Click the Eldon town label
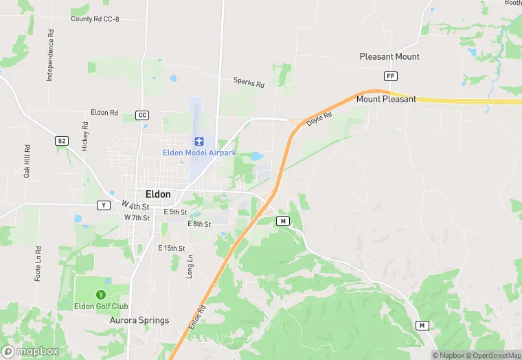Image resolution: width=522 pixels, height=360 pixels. tap(158, 194)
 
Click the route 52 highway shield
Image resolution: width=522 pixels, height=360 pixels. tap(63, 140)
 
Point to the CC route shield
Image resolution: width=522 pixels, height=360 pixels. tap(142, 115)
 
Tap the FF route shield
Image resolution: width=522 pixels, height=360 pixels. tap(391, 76)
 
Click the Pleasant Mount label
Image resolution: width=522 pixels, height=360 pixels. tap(389, 56)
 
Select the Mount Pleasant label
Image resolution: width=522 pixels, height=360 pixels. tap(386, 99)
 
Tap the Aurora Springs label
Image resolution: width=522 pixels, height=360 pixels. tap(139, 320)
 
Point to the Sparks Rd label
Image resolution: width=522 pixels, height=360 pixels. tap(249, 82)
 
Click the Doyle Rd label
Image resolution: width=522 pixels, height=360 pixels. tap(319, 118)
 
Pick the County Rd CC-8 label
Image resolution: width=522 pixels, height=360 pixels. tap(95, 19)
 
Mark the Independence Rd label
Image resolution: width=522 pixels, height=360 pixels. tap(50, 56)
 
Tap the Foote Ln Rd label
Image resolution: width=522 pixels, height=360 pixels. tap(38, 264)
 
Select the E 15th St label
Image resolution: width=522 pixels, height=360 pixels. tap(172, 248)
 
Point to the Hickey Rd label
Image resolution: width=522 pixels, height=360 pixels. tap(85, 136)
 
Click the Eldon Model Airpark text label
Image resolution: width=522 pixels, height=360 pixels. tap(198, 153)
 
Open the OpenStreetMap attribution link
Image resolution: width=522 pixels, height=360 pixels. tap(493, 355)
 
